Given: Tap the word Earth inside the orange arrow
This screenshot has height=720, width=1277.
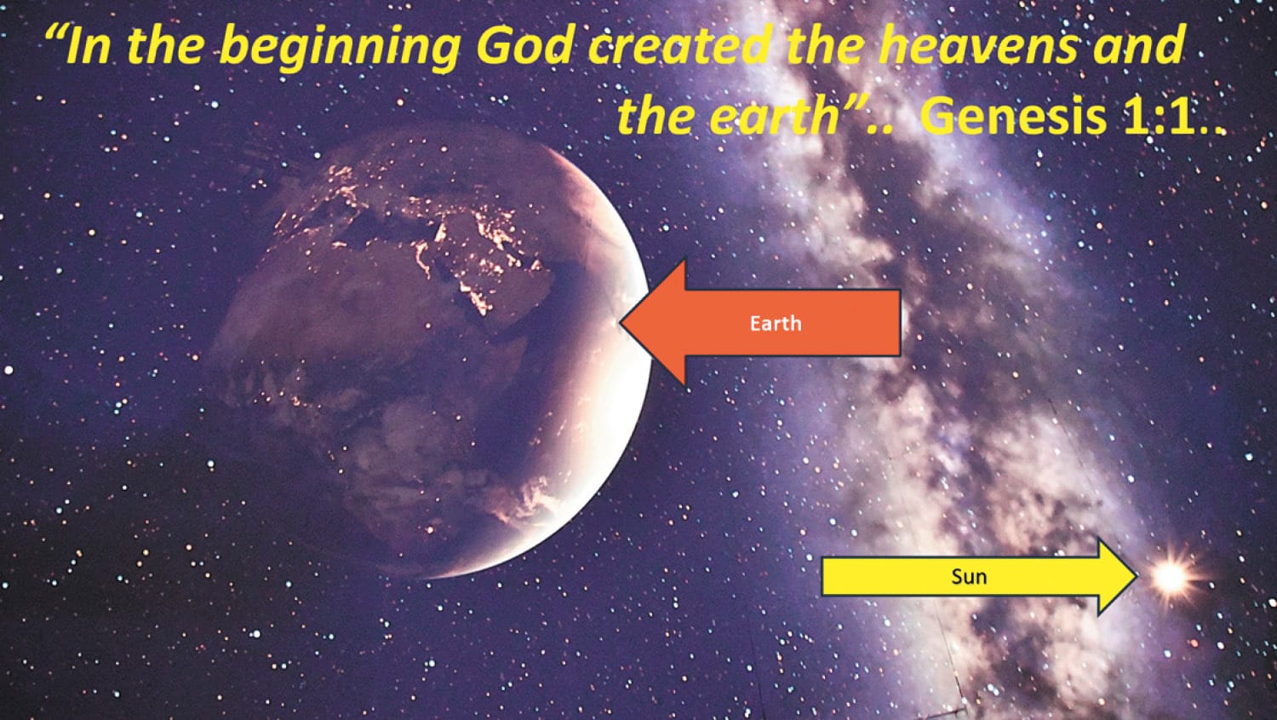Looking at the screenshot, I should [x=775, y=323].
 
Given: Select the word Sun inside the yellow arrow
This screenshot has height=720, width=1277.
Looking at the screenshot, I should [x=969, y=577].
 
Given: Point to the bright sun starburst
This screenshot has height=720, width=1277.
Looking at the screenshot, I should [x=1171, y=577].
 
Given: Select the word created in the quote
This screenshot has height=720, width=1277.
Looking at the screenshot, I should [x=682, y=47].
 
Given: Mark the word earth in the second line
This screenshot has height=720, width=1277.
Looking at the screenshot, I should [x=776, y=116].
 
